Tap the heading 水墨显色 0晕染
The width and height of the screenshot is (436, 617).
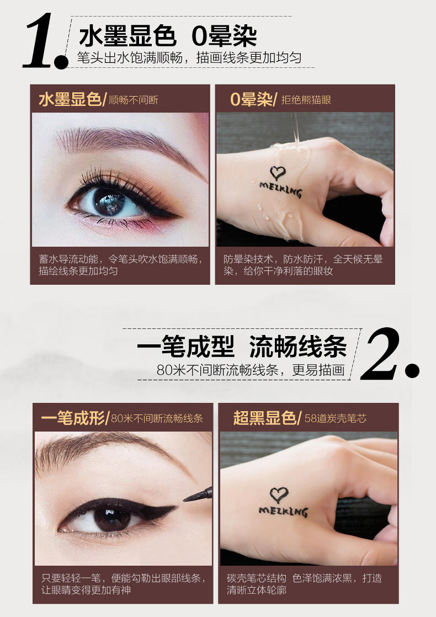click(168, 36)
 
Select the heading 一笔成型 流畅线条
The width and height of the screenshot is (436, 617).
click(242, 347)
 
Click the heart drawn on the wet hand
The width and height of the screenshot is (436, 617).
click(278, 173)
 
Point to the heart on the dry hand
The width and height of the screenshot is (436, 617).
click(279, 495)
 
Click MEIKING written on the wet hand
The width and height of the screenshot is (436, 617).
click(281, 189)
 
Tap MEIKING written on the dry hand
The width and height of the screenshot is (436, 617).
click(283, 510)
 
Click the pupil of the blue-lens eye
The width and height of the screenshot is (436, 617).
click(109, 201)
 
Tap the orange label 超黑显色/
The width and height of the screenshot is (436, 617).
click(267, 418)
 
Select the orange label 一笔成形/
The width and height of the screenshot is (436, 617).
click(75, 418)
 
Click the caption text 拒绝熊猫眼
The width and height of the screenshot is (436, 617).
click(306, 100)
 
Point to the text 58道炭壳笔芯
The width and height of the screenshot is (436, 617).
click(335, 418)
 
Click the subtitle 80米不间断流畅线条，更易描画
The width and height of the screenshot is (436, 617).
click(251, 370)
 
